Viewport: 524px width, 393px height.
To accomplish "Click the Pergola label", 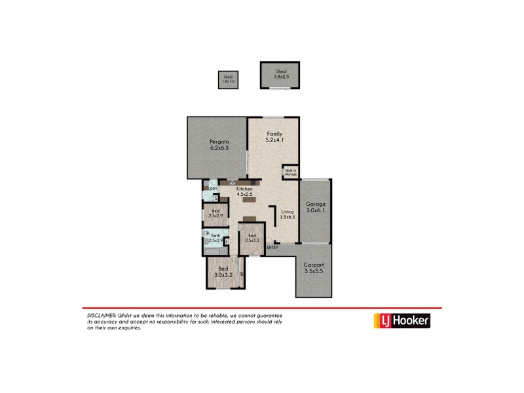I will point(219,141).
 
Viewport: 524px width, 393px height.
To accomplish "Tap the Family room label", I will point(274,134).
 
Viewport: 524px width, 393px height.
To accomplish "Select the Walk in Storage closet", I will point(290,172).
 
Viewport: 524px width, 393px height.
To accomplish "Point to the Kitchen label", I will point(235,189).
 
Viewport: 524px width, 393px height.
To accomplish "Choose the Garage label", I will point(316,204).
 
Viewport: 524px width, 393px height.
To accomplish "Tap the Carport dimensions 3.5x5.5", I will point(314,271).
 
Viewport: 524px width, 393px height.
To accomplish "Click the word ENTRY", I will point(272,247).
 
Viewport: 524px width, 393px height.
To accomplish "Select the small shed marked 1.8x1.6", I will point(227,80).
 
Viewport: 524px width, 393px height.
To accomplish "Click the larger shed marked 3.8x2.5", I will point(280,74).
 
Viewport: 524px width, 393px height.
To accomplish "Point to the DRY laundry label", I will point(213,190).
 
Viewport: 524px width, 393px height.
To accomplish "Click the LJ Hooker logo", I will point(402,320).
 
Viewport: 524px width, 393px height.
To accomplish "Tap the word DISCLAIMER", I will point(102,315).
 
